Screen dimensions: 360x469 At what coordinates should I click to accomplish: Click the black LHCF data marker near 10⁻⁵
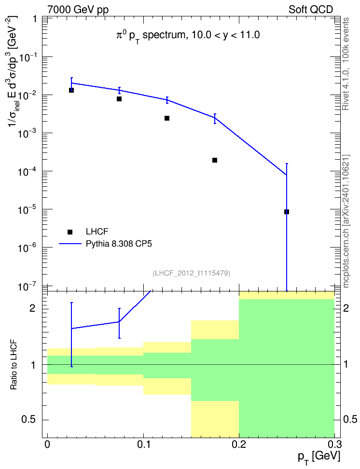coord(286,212)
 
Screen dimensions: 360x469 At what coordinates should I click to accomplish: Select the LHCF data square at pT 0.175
coord(215,160)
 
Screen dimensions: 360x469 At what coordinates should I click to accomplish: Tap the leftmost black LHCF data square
coord(71,90)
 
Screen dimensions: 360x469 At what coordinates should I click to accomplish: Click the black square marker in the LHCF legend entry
coord(70,232)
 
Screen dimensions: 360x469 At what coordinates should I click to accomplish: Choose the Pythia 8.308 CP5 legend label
coord(119,244)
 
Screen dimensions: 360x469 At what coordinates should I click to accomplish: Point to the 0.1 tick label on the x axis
coord(143,444)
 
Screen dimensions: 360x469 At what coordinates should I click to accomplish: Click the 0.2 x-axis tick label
coord(239,444)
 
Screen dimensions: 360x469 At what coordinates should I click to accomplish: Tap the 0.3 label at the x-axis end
coord(334,444)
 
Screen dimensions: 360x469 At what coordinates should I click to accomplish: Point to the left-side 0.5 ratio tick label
coord(28,420)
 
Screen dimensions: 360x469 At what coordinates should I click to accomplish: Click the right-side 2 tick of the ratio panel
coord(346,308)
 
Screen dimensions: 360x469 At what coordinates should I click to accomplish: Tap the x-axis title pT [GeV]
coord(319,457)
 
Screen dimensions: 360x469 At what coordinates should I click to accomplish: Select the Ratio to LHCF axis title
coord(14,364)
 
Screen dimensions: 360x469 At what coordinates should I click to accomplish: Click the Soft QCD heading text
coord(311,10)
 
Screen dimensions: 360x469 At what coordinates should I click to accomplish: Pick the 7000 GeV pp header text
coord(78,10)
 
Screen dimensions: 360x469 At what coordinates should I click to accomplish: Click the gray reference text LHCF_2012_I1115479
coord(191,273)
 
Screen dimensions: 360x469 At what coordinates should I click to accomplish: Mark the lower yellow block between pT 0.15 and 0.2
coord(215,418)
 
